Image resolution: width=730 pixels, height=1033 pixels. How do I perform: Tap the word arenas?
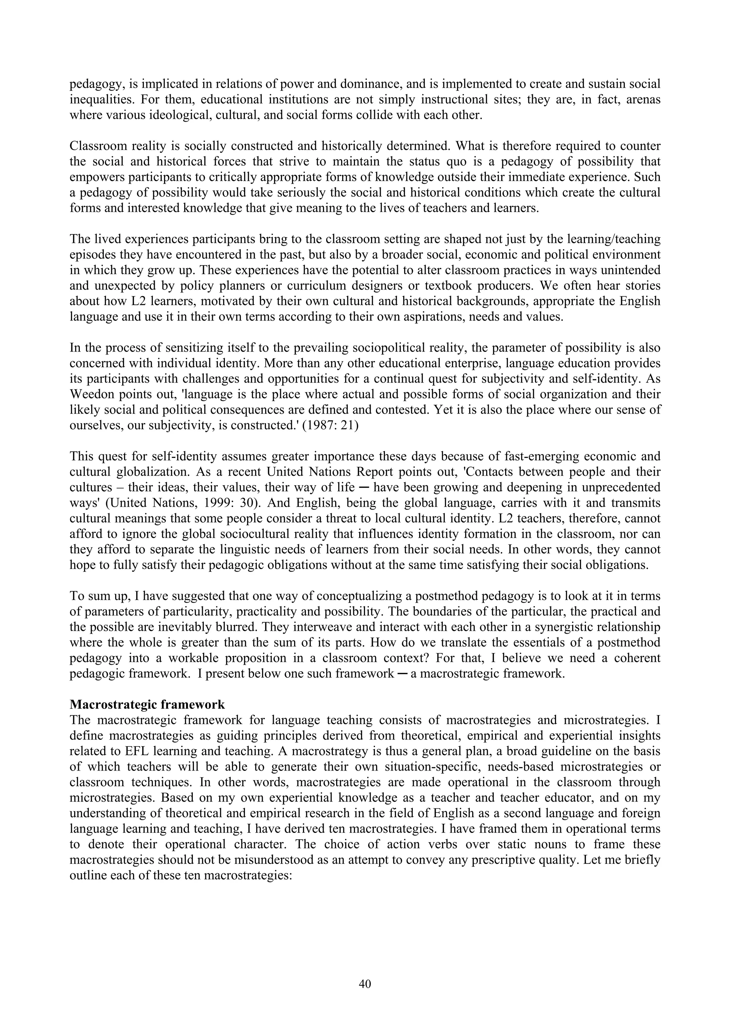[x=642, y=99]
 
